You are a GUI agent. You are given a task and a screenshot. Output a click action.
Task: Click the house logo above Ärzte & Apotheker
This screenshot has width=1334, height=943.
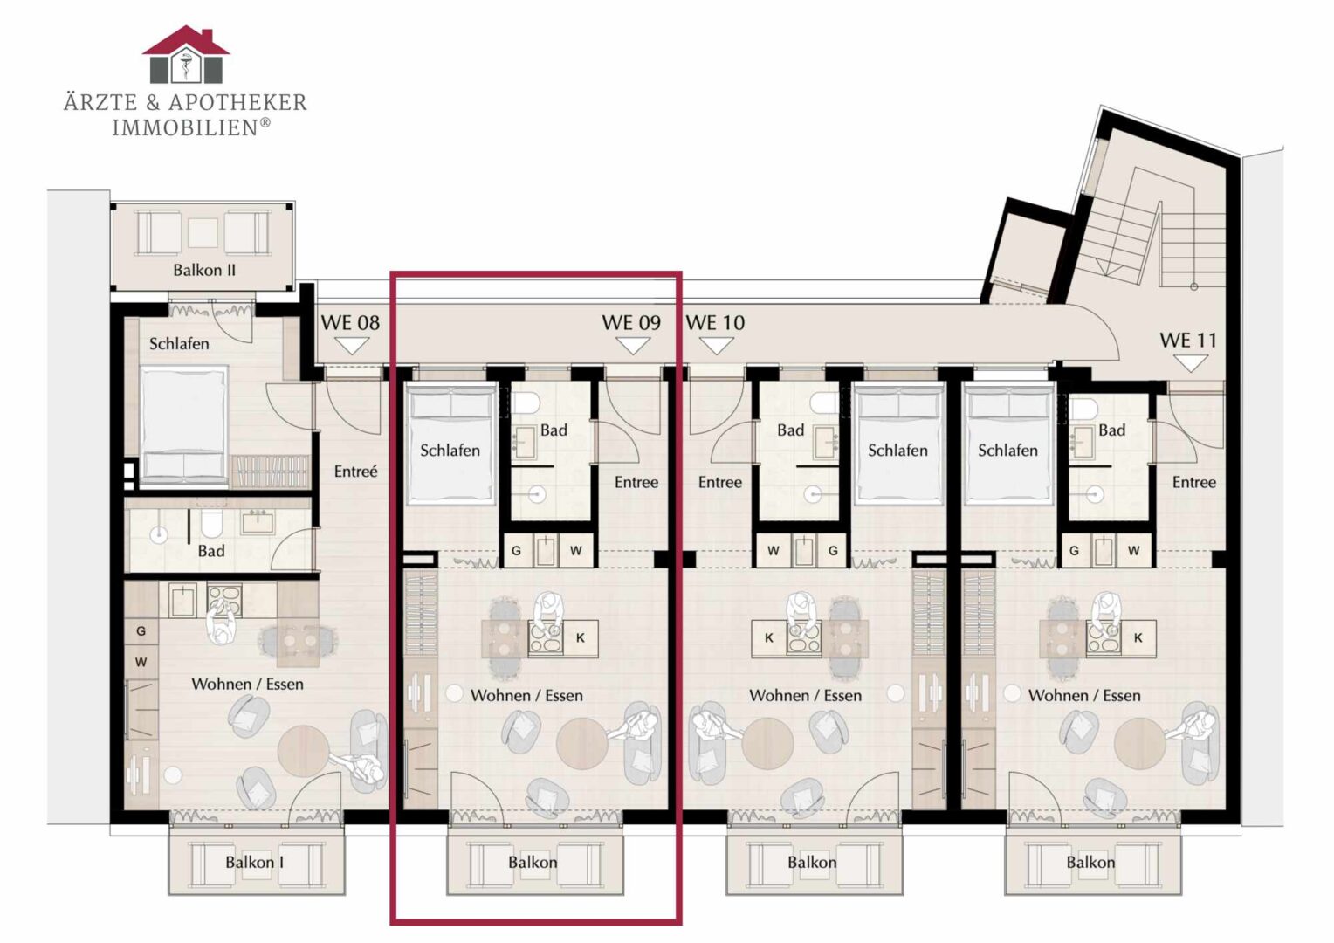tap(186, 54)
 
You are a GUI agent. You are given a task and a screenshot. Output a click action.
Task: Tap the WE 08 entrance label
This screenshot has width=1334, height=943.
tap(350, 323)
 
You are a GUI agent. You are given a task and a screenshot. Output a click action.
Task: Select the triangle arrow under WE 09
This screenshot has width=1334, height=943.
tap(632, 346)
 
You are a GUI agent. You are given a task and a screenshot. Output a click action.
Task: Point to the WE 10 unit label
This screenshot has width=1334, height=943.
tap(715, 323)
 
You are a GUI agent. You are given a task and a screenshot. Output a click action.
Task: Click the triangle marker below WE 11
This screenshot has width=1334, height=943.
tap(1190, 363)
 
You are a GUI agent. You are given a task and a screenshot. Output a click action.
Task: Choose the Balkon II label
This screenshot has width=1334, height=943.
tap(204, 271)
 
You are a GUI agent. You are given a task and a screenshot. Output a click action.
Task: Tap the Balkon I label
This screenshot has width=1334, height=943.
tap(254, 862)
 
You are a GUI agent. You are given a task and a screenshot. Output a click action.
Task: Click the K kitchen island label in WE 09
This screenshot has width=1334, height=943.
tap(581, 638)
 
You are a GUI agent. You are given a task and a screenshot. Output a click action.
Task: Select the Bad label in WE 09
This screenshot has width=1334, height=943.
tap(554, 430)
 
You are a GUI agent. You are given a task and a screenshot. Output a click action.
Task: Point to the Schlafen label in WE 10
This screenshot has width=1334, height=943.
tap(897, 451)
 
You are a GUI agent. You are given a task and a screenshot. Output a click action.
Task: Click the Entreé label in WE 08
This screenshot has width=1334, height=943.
tap(355, 471)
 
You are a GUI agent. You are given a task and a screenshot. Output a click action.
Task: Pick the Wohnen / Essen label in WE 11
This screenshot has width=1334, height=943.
tap(1084, 695)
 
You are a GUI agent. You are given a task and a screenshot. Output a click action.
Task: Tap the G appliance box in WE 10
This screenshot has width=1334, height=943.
tap(833, 550)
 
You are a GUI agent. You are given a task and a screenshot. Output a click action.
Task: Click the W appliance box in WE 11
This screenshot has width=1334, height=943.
tap(1133, 550)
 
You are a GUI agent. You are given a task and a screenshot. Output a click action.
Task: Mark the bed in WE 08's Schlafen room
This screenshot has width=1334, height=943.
tap(184, 426)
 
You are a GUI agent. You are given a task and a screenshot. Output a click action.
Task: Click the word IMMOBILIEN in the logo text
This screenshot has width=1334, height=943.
tap(185, 128)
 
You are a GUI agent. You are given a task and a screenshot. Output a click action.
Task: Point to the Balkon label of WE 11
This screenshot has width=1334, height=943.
tap(1090, 862)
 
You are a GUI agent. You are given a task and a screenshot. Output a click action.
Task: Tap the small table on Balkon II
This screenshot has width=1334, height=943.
tap(203, 233)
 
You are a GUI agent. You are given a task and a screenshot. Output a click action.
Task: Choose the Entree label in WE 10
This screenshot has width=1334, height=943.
tap(720, 482)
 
